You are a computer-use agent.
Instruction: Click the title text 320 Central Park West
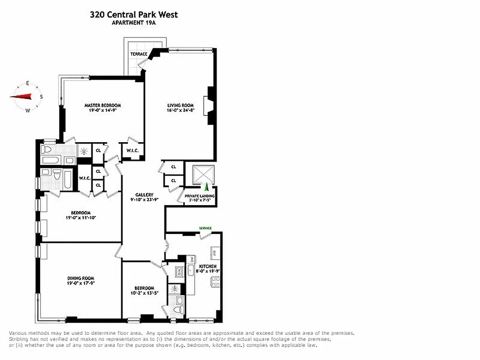point(134,14)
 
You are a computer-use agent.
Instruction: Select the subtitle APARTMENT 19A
point(134,23)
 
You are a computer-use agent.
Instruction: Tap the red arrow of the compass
point(21,96)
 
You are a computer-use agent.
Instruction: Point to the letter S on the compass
point(41,96)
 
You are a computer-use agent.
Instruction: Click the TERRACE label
point(139,54)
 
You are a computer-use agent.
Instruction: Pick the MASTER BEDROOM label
point(103,105)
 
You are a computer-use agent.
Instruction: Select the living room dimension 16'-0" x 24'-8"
point(180,110)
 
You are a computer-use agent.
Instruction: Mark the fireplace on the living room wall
point(209,105)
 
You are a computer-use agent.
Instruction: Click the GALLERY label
point(144,194)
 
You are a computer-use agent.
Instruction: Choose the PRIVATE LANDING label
point(199,196)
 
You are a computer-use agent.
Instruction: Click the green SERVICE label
point(206,228)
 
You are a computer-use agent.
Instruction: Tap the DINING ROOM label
point(81,278)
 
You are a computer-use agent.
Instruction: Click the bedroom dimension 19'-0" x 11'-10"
point(81,218)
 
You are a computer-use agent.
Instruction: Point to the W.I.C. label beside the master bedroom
point(132,151)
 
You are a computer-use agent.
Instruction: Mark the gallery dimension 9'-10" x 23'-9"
point(144,199)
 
